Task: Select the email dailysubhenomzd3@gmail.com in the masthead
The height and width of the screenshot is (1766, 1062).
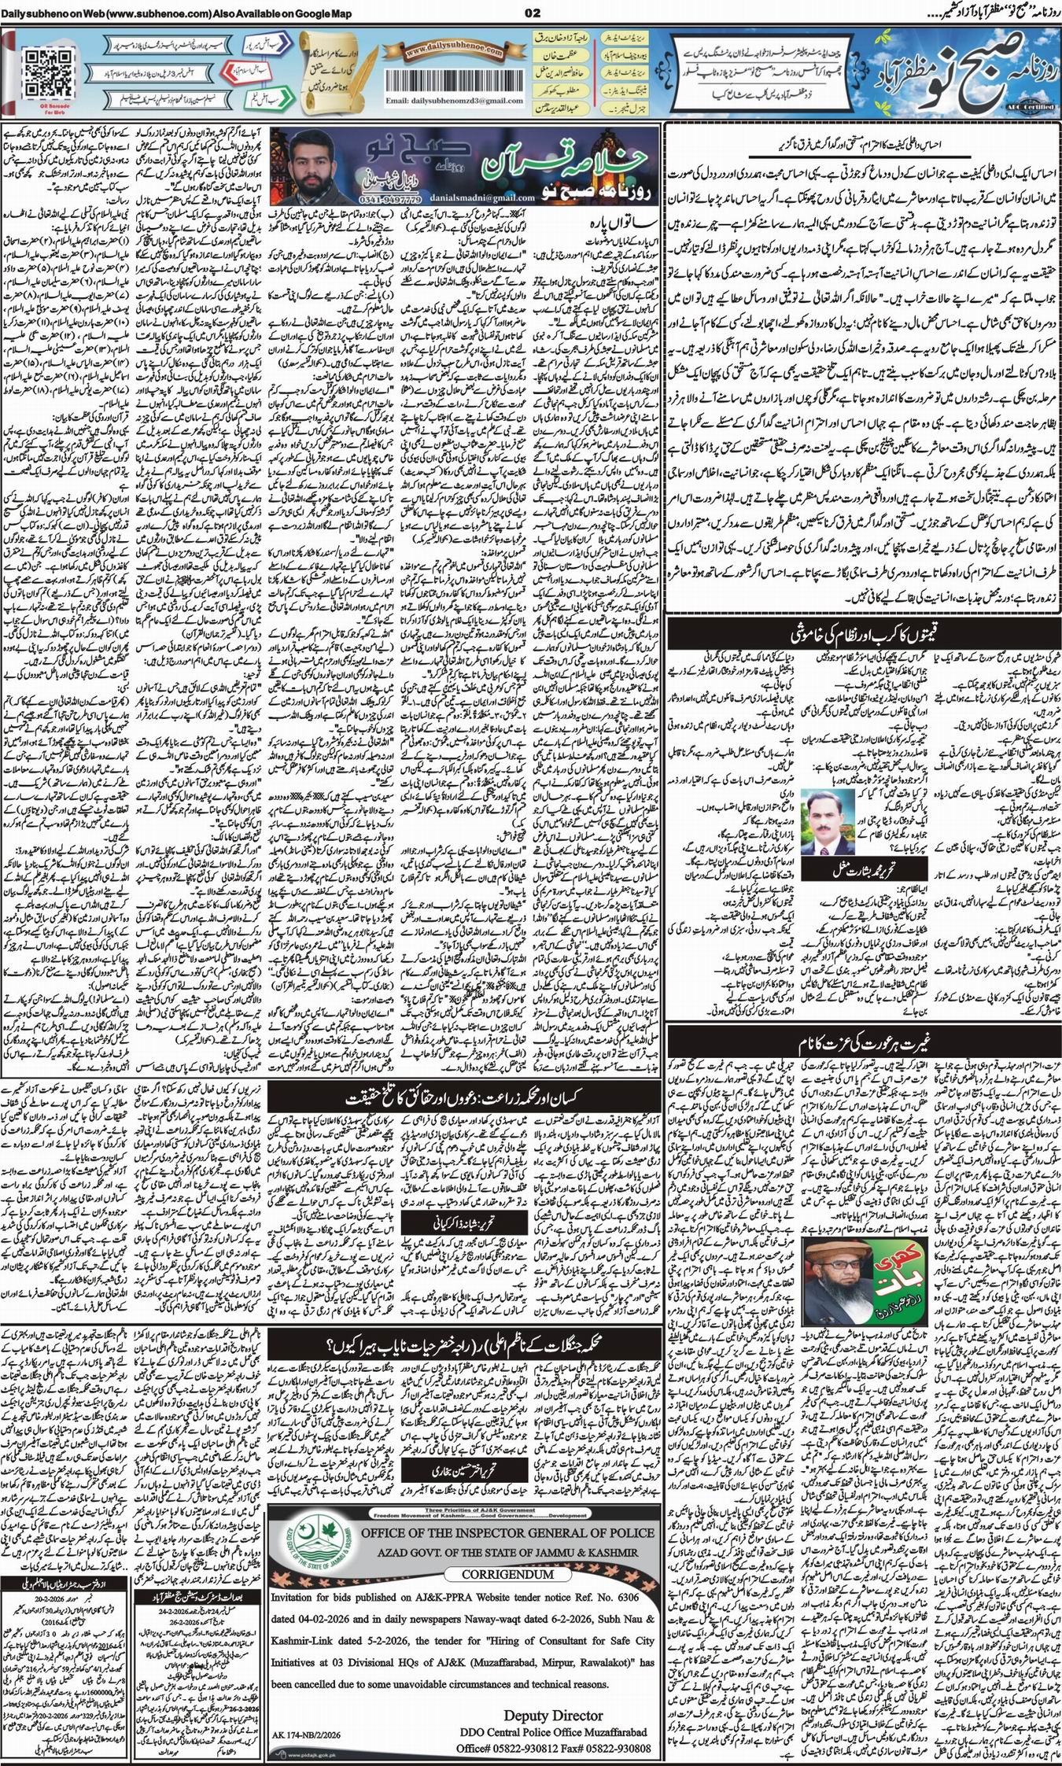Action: tap(446, 102)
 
